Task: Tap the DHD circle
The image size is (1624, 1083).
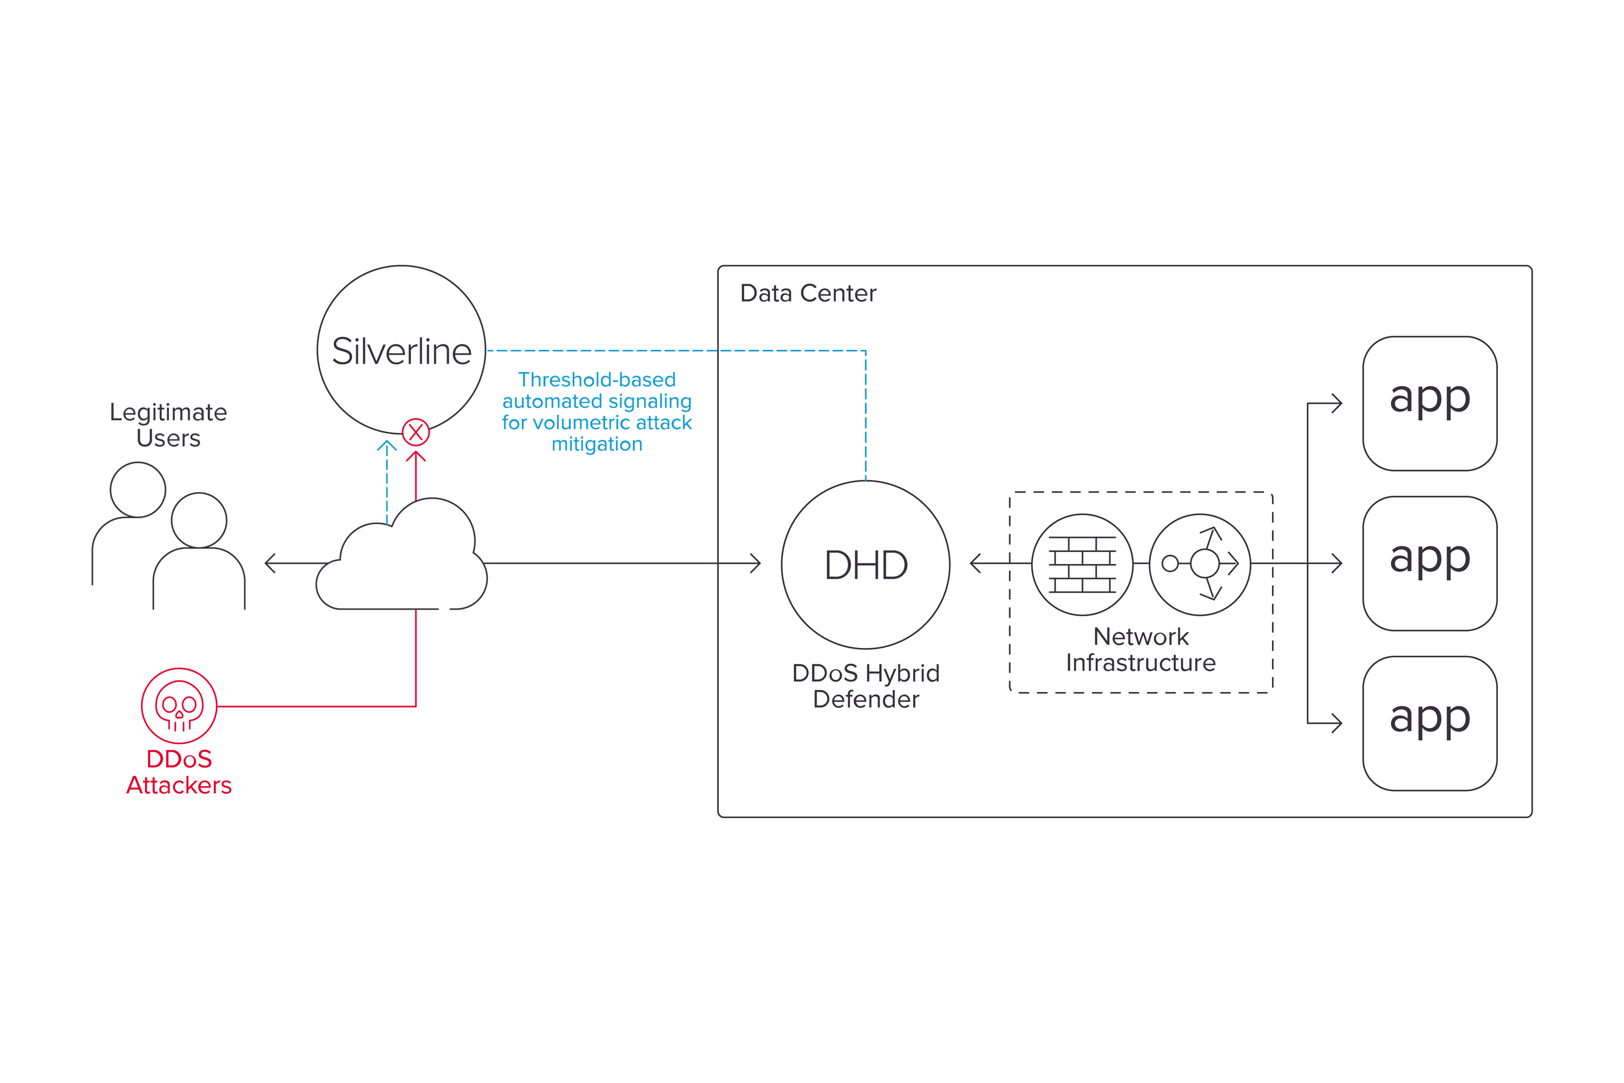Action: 865,564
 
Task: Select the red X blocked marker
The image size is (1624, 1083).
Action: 416,432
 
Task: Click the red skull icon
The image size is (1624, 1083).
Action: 179,705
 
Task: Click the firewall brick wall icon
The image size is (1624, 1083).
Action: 1082,564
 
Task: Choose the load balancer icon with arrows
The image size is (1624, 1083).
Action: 1200,564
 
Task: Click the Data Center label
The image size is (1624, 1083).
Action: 808,293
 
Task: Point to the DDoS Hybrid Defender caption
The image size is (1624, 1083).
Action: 866,686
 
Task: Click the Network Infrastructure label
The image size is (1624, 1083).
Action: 1141,649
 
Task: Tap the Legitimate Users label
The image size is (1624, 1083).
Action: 168,425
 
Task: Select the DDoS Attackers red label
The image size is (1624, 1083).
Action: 179,772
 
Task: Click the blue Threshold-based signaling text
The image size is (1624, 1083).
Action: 597,412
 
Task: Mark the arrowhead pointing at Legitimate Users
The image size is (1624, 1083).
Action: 269,563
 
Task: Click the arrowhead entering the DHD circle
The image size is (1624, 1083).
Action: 756,563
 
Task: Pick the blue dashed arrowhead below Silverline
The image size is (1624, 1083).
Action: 387,446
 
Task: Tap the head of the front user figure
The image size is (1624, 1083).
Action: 199,520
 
